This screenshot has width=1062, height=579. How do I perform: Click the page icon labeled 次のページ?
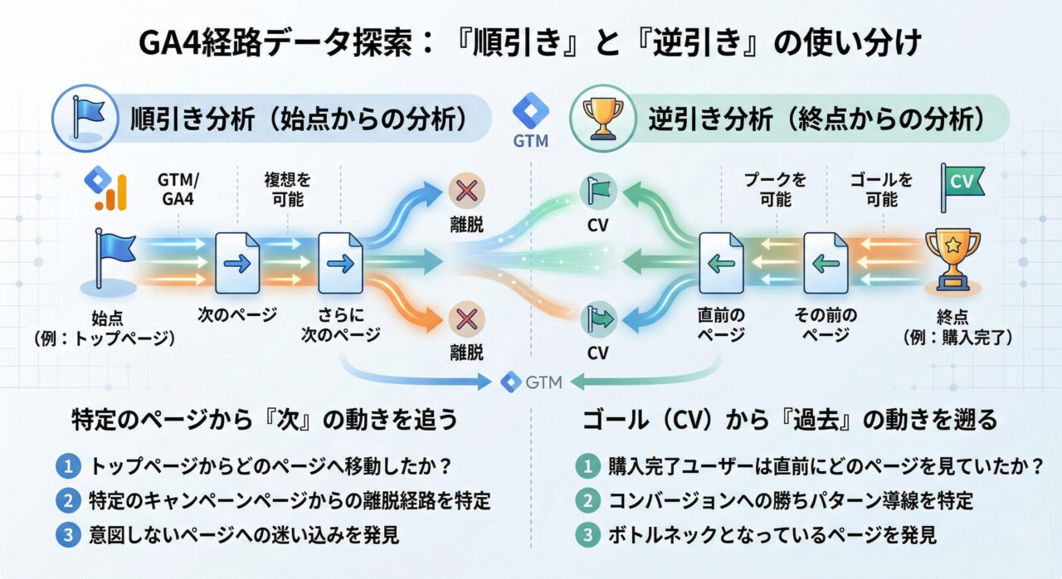[237, 263]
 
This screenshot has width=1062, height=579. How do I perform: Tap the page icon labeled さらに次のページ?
[341, 263]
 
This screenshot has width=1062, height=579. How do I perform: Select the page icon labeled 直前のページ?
[720, 263]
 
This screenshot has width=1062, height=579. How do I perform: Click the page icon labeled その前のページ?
[826, 263]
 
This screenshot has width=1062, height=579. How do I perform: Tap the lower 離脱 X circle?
[465, 318]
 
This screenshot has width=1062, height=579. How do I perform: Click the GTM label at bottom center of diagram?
[532, 382]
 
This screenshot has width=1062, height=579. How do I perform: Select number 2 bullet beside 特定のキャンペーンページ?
[66, 500]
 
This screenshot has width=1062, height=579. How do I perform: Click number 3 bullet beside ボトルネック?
[587, 535]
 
